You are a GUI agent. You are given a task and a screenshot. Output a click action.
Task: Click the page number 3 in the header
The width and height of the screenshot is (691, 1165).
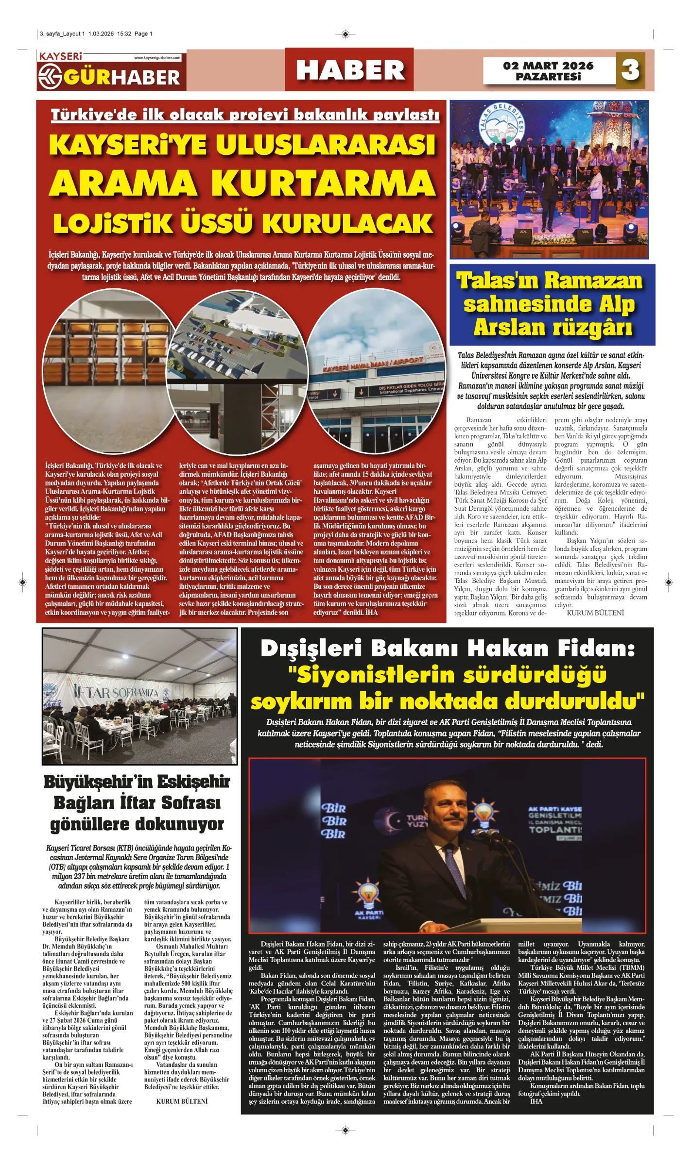pos(630,70)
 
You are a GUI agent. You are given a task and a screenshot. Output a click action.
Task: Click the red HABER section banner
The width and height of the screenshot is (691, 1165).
pos(350,70)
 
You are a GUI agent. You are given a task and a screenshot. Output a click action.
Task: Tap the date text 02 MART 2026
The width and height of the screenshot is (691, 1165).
pos(548,66)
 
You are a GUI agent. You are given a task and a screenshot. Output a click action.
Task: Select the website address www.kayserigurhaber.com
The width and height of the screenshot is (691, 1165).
pos(157,58)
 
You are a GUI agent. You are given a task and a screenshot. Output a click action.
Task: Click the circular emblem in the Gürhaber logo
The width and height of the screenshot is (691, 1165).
pos(51,77)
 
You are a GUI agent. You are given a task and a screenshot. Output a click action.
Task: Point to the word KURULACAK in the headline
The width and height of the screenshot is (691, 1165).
pos(348,224)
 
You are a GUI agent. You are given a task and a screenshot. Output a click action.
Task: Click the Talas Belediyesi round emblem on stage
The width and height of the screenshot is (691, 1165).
pos(501,125)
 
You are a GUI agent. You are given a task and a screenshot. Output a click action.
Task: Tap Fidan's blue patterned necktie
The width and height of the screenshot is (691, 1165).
pos(452,865)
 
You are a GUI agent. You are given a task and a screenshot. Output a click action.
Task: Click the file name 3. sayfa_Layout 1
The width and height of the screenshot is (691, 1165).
pos(62,34)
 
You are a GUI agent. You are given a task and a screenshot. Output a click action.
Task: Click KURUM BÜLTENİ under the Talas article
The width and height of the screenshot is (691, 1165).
pos(595,613)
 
